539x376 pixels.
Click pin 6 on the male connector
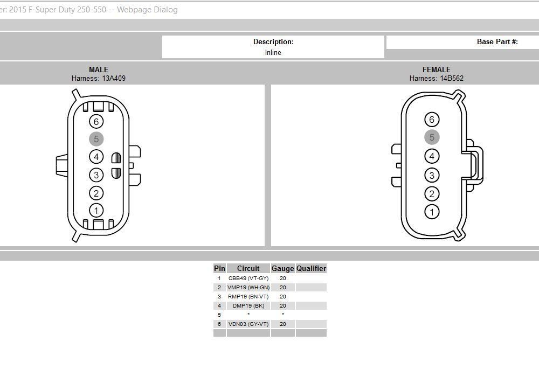tap(96, 122)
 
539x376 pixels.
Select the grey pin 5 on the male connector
tap(96, 140)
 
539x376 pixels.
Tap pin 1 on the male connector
tap(96, 211)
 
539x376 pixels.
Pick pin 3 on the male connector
tap(96, 175)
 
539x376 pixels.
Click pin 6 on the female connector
tap(432, 120)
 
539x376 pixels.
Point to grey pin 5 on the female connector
tap(432, 137)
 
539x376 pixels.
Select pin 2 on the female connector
tap(432, 194)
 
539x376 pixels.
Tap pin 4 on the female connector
tap(432, 156)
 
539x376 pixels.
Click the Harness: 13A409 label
tap(99, 78)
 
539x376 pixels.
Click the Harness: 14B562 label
tap(436, 78)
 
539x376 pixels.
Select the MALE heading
tap(99, 69)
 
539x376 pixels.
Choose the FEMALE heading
tap(436, 69)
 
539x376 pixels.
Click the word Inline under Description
tap(273, 52)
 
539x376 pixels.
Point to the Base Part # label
tap(497, 41)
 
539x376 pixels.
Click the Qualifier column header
tap(311, 268)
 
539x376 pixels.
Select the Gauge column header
tap(282, 268)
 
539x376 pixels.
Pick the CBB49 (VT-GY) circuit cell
tap(248, 278)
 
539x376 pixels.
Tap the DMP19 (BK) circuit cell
tap(248, 306)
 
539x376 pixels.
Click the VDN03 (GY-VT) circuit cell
tap(248, 324)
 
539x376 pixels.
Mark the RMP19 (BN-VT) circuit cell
tap(248, 297)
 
